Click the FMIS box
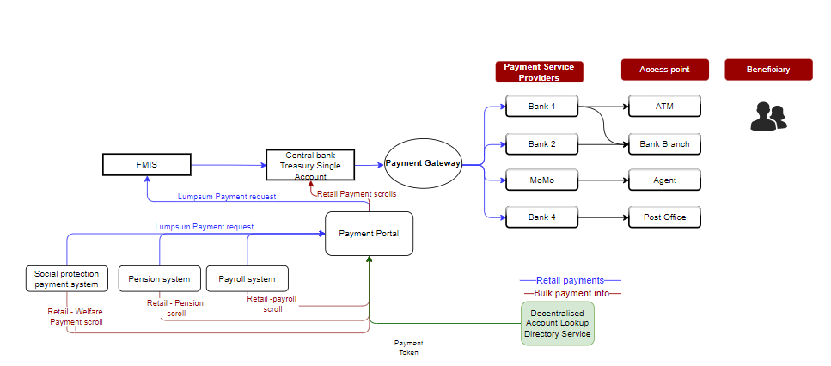click(x=147, y=164)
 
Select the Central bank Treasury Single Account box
click(x=310, y=165)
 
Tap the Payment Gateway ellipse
click(x=423, y=162)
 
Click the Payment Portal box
click(x=370, y=234)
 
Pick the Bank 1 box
click(x=541, y=107)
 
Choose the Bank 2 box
click(x=541, y=143)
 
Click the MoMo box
click(x=541, y=180)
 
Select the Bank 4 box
click(x=541, y=217)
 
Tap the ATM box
click(x=664, y=107)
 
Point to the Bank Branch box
click(x=664, y=143)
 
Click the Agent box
click(x=664, y=180)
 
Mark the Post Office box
click(x=664, y=217)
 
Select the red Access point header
click(x=664, y=70)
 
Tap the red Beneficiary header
click(x=768, y=70)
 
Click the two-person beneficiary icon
click(x=768, y=116)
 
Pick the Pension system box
click(x=159, y=278)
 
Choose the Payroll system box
click(x=247, y=278)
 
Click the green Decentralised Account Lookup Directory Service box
click(x=558, y=323)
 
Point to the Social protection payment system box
click(x=67, y=278)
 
